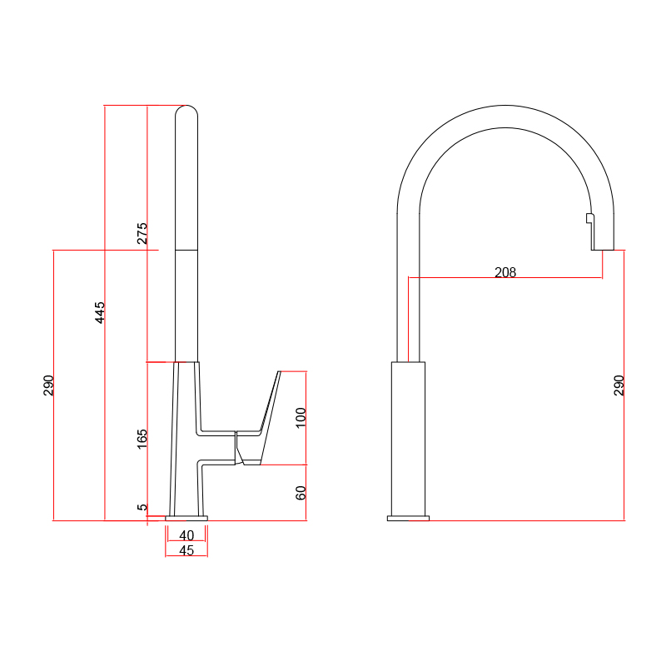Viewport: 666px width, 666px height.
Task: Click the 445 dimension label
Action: (99, 313)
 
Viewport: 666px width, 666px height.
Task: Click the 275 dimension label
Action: (142, 233)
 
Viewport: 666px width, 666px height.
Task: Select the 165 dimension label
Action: (142, 439)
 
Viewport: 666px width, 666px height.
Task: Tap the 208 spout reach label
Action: (505, 272)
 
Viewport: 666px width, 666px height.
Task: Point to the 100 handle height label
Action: (301, 418)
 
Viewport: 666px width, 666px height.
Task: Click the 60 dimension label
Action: (301, 493)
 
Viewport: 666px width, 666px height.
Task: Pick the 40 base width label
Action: (186, 535)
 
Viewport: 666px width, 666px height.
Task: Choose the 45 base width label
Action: (186, 550)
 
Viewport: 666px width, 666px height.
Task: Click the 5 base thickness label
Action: (142, 507)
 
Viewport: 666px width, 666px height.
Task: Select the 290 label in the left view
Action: (48, 385)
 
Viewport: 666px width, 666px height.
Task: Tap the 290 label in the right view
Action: (619, 385)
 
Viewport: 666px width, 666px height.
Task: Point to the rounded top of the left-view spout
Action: (186, 110)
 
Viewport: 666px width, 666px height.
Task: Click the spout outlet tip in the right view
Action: (603, 250)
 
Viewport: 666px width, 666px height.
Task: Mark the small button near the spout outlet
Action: (589, 218)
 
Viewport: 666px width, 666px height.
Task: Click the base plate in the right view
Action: (408, 518)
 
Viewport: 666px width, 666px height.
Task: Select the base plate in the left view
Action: (186, 518)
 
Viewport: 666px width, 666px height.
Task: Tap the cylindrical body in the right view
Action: (408, 439)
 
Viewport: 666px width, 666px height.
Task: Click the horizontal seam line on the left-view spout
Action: (186, 250)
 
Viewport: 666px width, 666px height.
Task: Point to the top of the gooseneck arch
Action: (505, 106)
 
